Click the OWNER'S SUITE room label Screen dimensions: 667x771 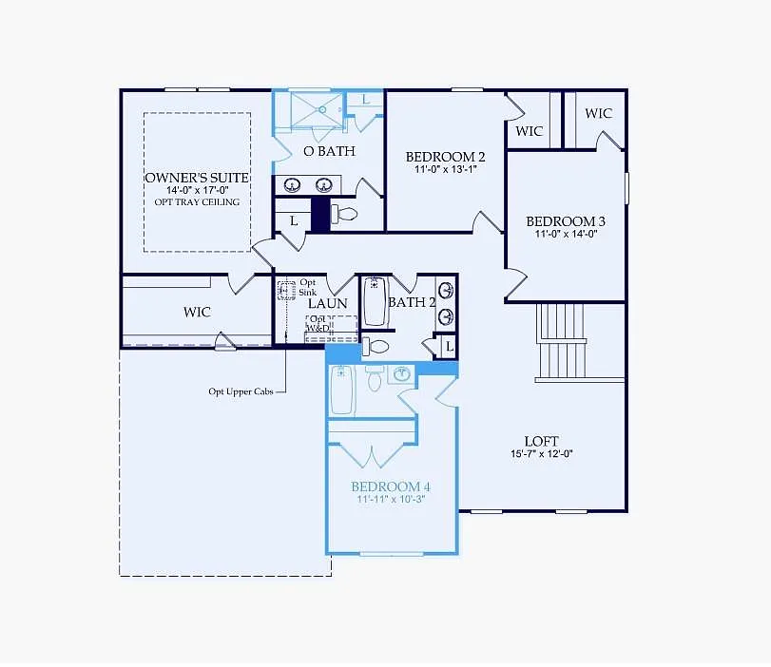197,178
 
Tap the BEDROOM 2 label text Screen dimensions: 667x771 446,157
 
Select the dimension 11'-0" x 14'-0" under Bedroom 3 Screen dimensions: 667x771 566,234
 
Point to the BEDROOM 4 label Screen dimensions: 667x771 390,486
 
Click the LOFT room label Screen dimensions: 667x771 541,441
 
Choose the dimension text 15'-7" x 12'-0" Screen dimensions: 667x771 541,453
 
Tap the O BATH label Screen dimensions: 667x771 329,151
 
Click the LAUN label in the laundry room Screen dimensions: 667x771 327,303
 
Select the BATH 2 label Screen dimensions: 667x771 411,303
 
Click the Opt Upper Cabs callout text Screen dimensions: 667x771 241,391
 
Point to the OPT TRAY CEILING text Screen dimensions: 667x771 197,201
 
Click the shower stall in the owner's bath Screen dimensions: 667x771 318,109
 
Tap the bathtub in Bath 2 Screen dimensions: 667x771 375,302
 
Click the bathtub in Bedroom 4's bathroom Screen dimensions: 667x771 342,391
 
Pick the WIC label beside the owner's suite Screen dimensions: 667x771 197,312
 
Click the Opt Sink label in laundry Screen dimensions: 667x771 308,287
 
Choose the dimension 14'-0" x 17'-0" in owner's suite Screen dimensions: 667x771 197,190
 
